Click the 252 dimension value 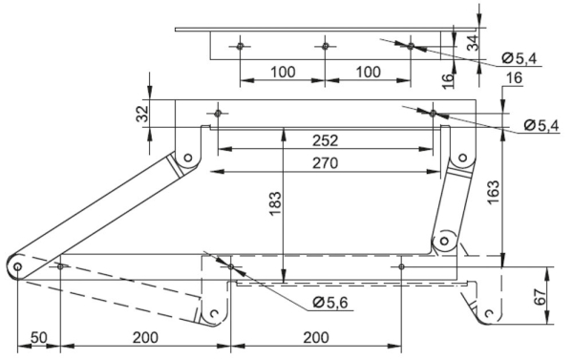point(326,140)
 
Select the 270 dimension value point(326,163)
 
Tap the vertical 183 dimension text point(276,203)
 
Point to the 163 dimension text point(493,193)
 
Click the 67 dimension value point(540,297)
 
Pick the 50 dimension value point(39,338)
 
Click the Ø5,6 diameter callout point(330,303)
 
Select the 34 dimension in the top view point(473,42)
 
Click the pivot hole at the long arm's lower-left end point(17,266)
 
